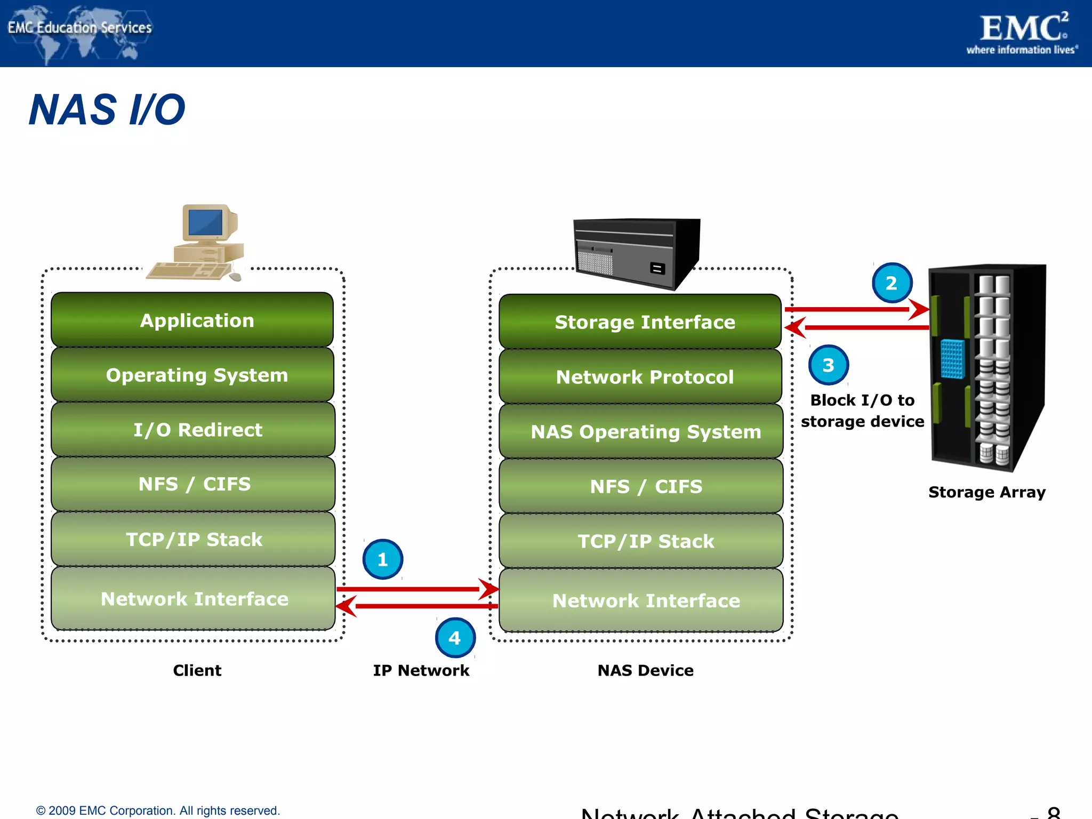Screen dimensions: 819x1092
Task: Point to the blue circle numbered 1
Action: coord(382,559)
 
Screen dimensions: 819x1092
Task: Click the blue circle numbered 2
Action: coord(892,283)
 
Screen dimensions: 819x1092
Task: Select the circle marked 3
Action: coord(828,365)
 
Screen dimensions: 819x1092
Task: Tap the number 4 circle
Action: coord(455,638)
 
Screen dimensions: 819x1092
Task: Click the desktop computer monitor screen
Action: coord(205,222)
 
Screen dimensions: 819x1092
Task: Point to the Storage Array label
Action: coord(986,492)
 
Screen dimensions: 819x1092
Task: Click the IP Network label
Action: coord(421,670)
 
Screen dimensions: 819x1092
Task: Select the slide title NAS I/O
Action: coord(107,110)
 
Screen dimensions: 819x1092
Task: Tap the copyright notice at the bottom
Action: coord(158,810)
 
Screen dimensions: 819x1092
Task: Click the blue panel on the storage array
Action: coord(952,359)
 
